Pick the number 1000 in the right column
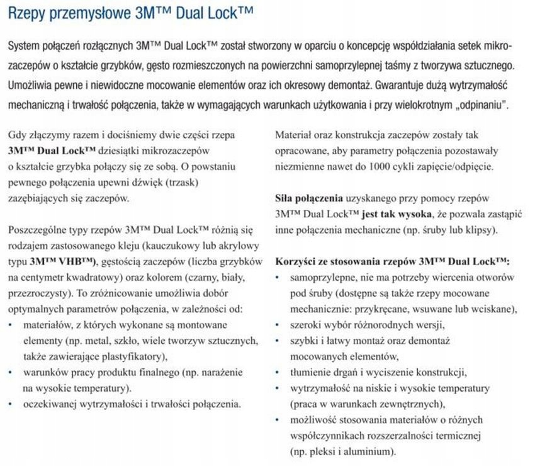pos(374,167)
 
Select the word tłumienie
pos(310,372)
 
